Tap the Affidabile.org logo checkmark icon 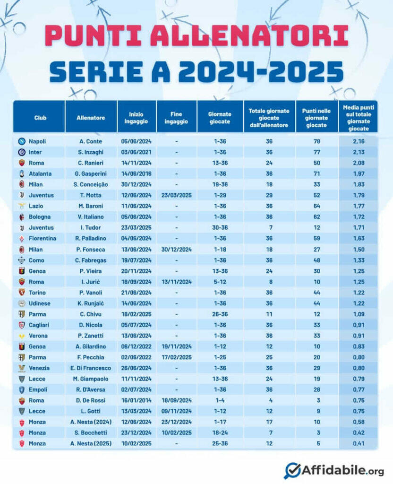292,470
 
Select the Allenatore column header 91,118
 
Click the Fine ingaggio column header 176,118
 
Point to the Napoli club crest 21,141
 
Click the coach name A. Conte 91,141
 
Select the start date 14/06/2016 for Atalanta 137,173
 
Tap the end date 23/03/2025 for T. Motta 176,195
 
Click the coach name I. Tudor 91,227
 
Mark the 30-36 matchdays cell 220,227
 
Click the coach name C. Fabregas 91,260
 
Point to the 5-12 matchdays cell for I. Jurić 220,282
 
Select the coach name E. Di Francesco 91,368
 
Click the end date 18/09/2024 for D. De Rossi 176,400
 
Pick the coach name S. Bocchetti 91,433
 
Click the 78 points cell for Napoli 316,141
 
